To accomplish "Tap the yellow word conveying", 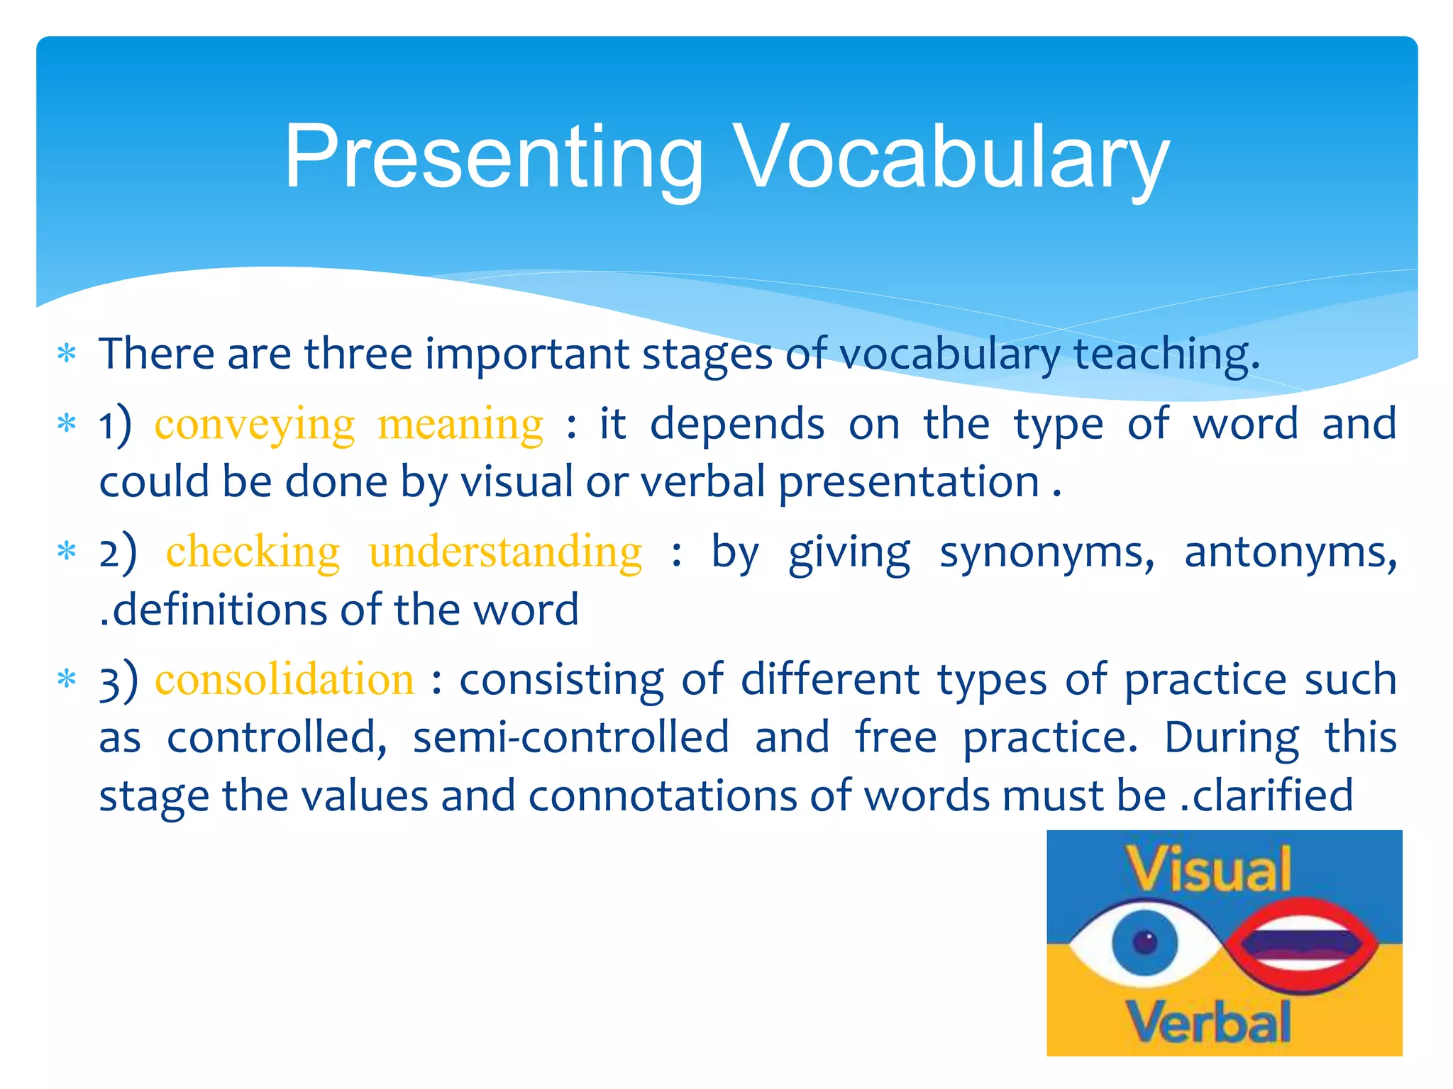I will click(255, 425).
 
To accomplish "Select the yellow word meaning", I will click(460, 425).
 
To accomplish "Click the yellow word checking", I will click(253, 552).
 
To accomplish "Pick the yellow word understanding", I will click(505, 552).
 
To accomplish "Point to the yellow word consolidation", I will click(284, 680).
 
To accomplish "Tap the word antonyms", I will click(1290, 552).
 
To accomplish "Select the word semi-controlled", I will click(570, 737).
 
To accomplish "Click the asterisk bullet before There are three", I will click(67, 353).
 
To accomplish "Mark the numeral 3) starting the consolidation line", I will click(118, 681).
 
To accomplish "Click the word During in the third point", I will click(1232, 737).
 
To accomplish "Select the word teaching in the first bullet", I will click(1166, 354).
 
